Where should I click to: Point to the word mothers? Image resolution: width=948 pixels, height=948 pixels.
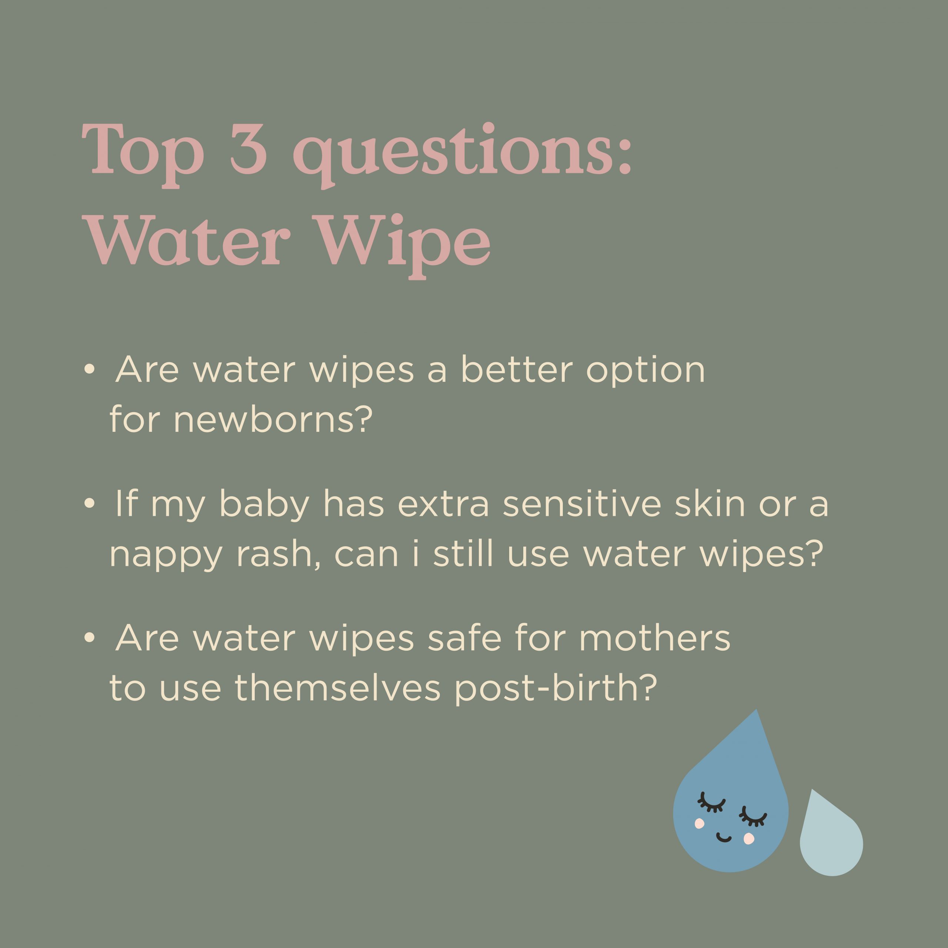[655, 638]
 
